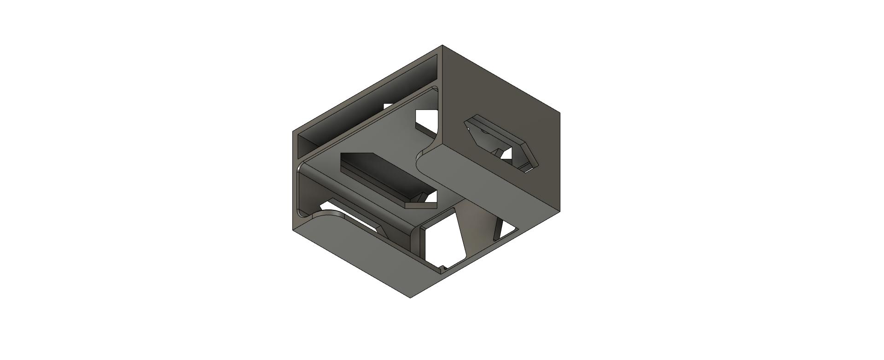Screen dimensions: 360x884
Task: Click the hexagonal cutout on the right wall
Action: (501, 143)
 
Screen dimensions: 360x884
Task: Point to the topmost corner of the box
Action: (442, 45)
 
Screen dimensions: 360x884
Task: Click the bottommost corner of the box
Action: (411, 297)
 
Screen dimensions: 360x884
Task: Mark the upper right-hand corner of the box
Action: (560, 112)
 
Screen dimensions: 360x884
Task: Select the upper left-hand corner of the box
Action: (293, 132)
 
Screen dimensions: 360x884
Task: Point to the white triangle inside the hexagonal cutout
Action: (506, 154)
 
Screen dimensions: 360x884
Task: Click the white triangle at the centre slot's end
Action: (432, 198)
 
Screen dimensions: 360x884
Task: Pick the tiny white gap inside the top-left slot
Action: (388, 106)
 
